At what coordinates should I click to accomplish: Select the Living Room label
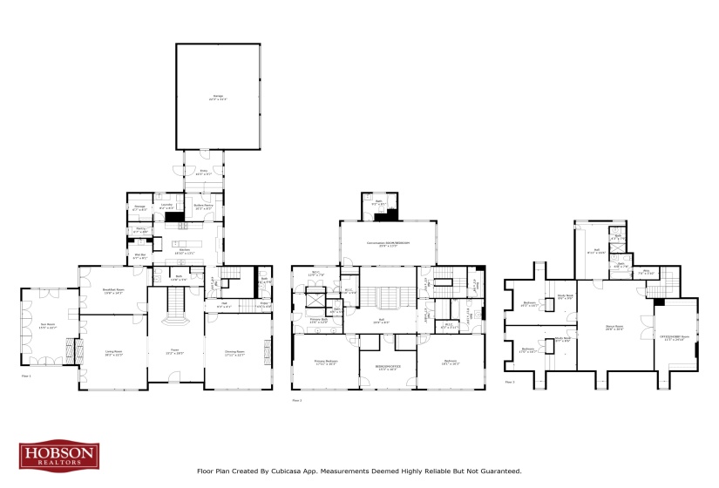(113, 354)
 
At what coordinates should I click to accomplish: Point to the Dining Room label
(234, 354)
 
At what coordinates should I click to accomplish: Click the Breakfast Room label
(113, 292)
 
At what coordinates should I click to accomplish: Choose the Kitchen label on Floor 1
(185, 251)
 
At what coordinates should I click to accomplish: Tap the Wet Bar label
(139, 257)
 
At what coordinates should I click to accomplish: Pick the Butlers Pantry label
(203, 207)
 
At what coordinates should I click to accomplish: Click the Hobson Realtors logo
(59, 456)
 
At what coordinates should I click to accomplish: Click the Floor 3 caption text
(510, 382)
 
